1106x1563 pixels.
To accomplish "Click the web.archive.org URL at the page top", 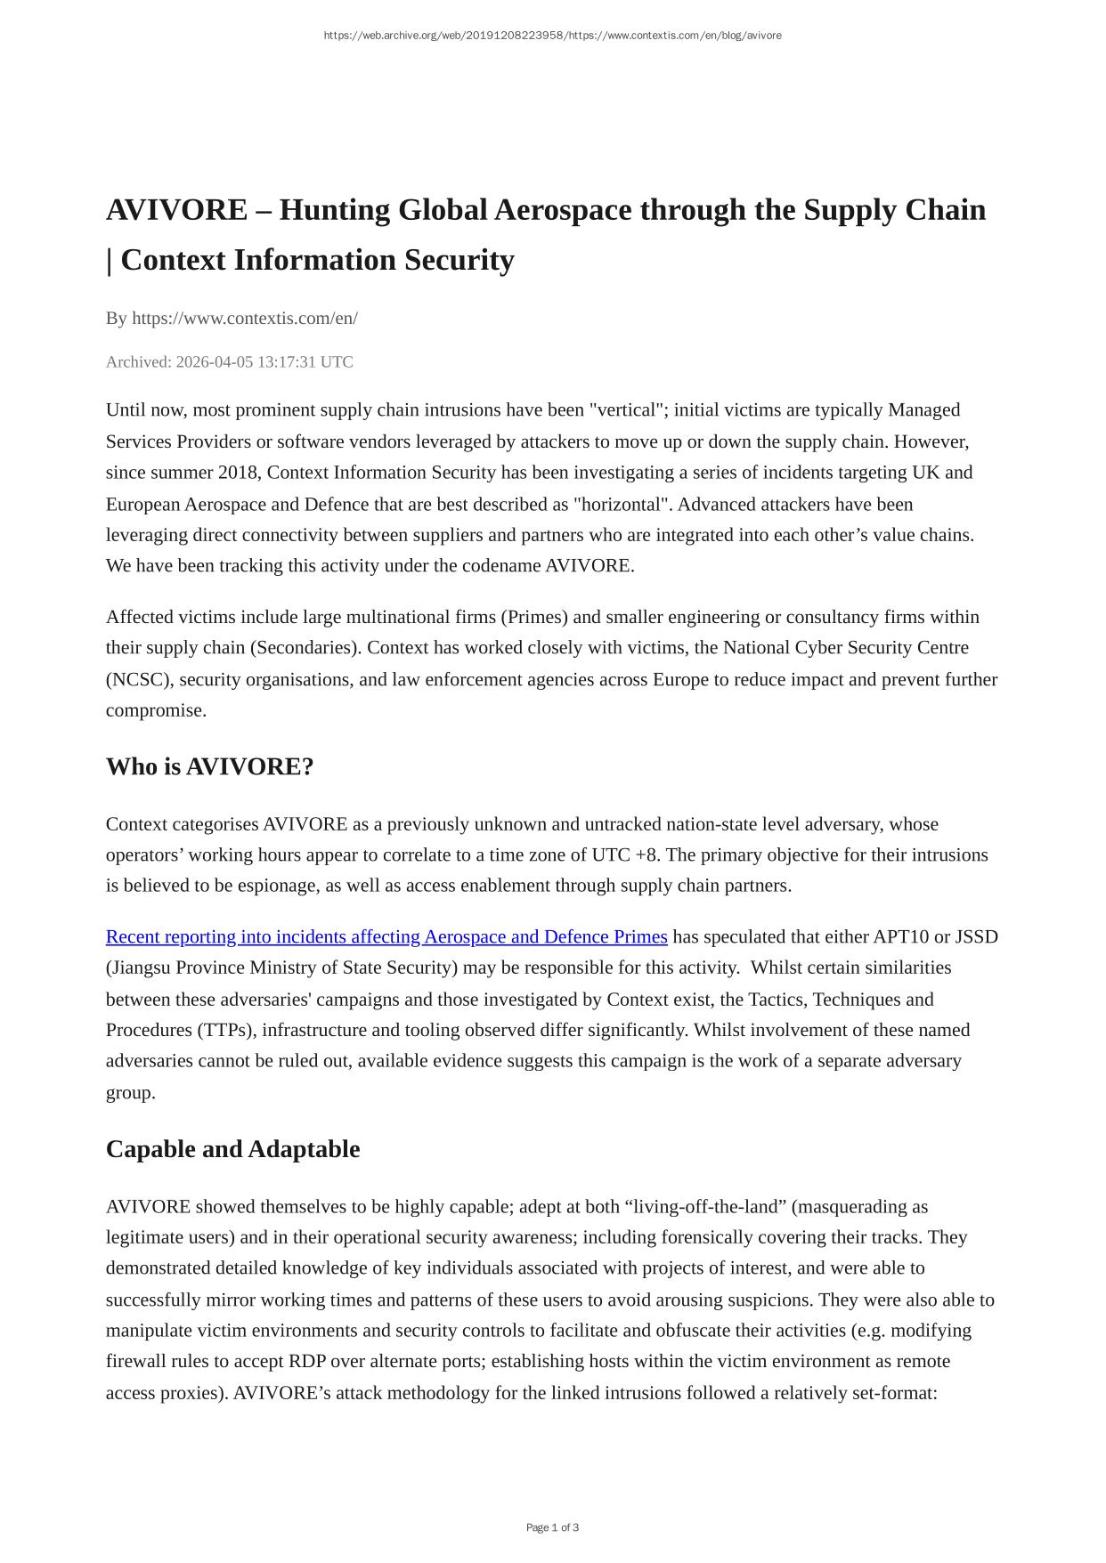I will coord(552,36).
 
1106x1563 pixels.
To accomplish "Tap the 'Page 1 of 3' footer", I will coord(552,1527).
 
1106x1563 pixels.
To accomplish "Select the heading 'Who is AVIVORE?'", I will coord(209,766).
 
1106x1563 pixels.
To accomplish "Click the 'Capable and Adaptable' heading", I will coord(232,1149).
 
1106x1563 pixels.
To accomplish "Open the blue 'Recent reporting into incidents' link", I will coord(386,936).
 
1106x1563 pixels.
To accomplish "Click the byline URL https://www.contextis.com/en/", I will coord(245,318).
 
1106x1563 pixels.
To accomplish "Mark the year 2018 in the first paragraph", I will coord(238,472).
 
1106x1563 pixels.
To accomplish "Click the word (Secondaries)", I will coord(304,647).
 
